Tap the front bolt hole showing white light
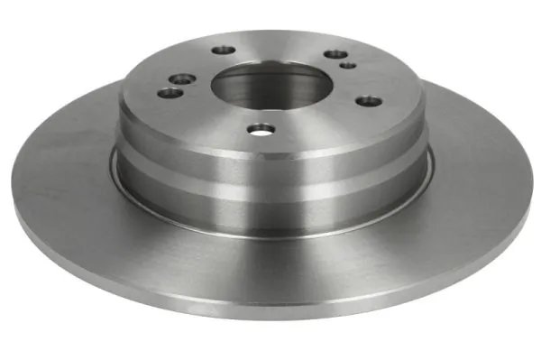click(261, 131)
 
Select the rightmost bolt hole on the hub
click(366, 100)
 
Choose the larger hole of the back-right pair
click(335, 55)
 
